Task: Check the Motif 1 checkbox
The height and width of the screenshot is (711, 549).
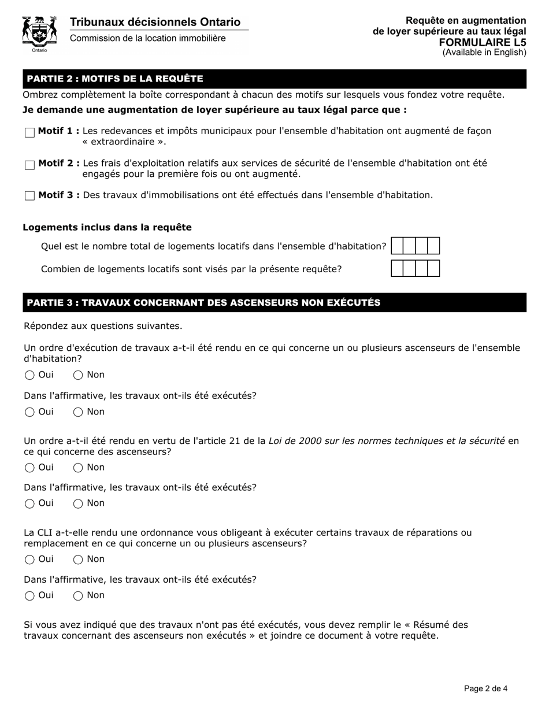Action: [30, 133]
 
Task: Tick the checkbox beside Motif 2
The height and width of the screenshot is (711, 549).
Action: [30, 165]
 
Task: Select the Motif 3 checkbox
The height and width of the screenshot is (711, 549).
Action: [30, 196]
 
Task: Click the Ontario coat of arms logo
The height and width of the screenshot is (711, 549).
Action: [39, 34]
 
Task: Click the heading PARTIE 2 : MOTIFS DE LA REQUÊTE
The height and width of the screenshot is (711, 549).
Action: [115, 79]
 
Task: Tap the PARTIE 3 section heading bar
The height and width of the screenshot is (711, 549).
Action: [203, 303]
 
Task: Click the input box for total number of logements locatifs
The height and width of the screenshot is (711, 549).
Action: [415, 246]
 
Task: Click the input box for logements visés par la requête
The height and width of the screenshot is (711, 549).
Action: [415, 269]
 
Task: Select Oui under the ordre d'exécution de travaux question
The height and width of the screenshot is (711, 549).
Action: [30, 376]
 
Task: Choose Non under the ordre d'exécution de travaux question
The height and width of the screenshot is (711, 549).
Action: [78, 376]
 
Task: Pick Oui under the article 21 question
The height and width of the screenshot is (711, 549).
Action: [30, 468]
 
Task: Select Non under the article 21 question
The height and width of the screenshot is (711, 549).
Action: [78, 468]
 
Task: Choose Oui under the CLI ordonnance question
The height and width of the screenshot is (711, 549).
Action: [30, 560]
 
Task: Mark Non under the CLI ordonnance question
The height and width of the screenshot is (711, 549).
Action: [78, 560]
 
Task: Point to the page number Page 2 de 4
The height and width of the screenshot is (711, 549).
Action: [485, 688]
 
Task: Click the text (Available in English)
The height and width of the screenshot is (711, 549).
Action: [484, 53]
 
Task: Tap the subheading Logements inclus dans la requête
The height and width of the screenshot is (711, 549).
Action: [107, 228]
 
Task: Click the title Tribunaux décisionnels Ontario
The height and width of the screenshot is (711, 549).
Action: [155, 23]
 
